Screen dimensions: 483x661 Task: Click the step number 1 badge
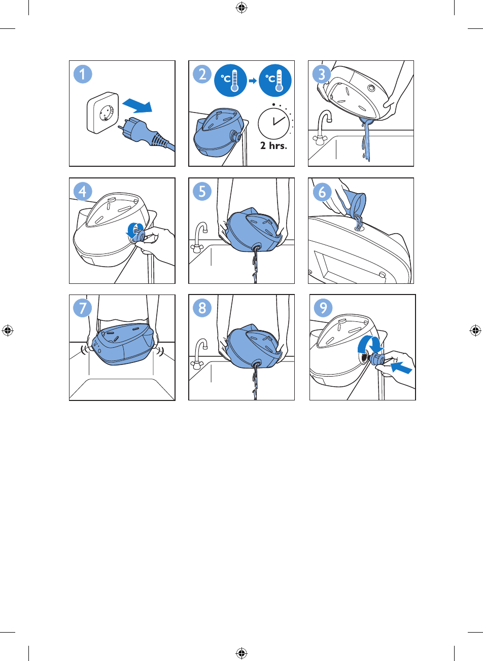83,74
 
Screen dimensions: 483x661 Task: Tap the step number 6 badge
322,192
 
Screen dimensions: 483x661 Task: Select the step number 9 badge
323,308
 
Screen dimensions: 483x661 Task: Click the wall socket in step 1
103,113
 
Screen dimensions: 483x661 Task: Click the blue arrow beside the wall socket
137,106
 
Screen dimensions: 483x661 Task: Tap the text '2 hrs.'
273,145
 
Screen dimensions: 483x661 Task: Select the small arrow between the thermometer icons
253,81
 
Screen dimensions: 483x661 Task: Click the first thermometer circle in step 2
230,80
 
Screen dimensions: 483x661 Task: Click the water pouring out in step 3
366,139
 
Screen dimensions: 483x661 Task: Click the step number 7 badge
82,308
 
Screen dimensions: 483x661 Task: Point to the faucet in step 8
200,353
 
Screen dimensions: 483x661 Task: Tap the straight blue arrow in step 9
401,368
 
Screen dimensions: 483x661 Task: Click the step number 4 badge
83,192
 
